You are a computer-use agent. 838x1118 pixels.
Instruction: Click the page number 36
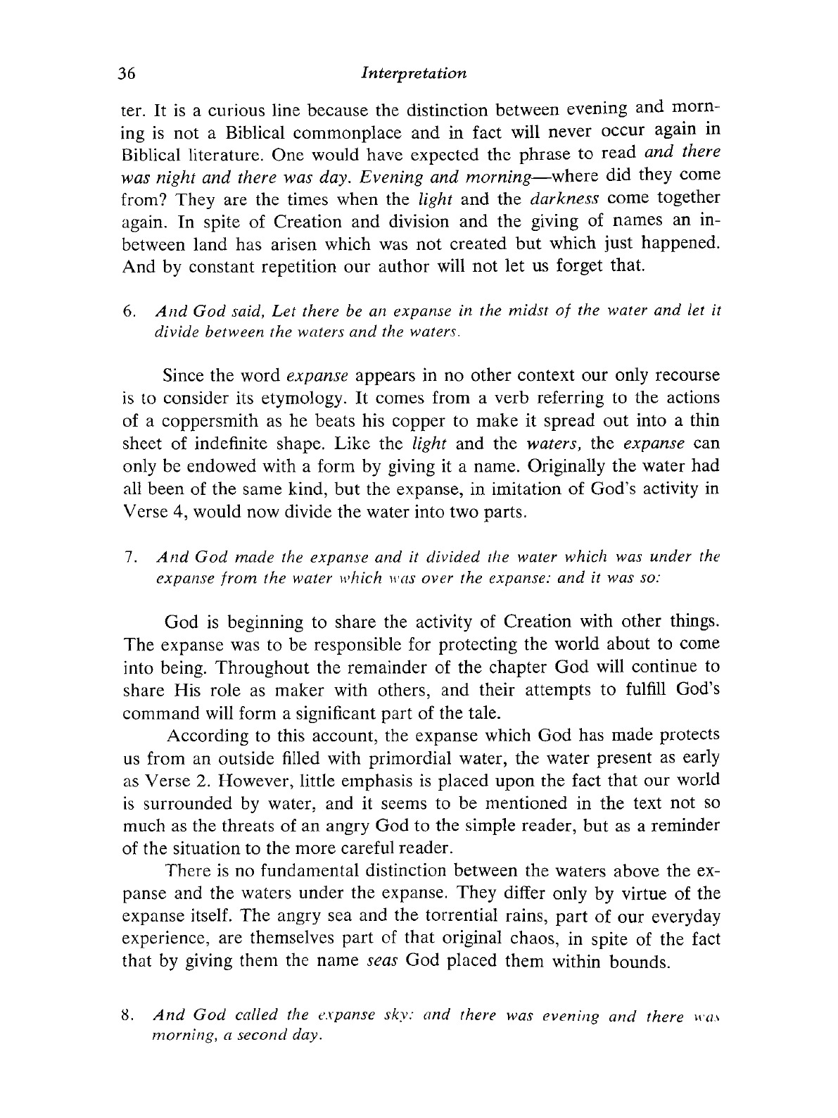132,73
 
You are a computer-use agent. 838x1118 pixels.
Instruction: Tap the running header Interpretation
412,73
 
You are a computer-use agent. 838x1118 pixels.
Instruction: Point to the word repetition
250,267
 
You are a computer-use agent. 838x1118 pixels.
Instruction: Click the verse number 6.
127,310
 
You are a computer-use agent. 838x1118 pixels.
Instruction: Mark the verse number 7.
127,558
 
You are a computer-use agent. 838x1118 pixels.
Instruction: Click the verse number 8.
127,1017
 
